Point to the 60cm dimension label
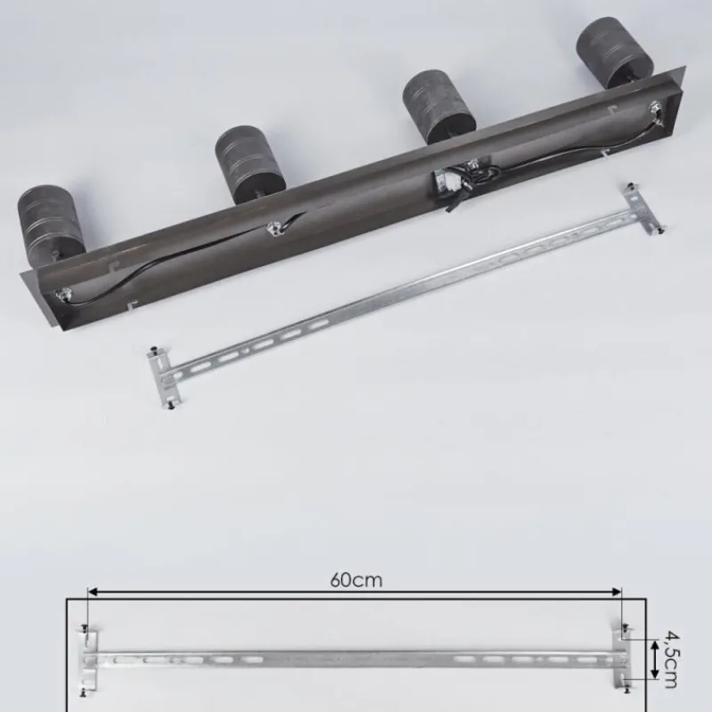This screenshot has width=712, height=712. (x=356, y=580)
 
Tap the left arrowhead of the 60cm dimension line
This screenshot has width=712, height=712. (x=93, y=592)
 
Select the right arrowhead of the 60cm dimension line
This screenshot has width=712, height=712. (x=616, y=592)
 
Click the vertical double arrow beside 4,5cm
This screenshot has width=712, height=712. (x=655, y=659)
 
